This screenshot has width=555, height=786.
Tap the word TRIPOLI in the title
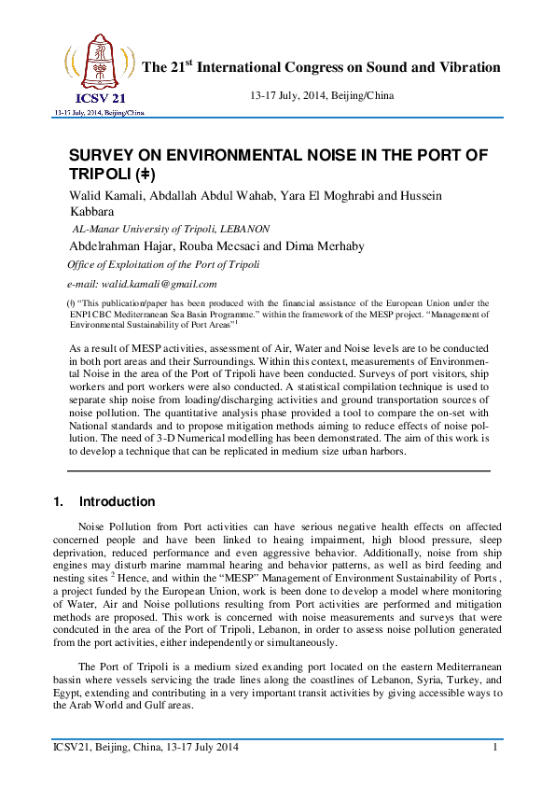pos(102,175)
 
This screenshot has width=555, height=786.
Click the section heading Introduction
pos(118,501)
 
